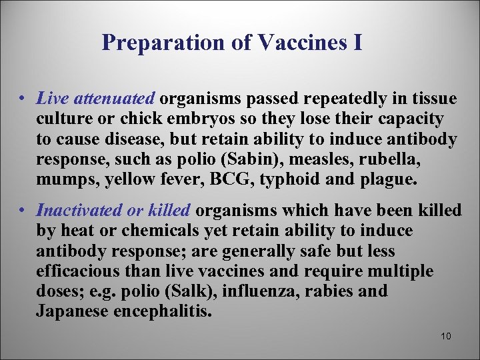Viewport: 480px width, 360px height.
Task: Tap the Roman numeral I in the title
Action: click(x=358, y=43)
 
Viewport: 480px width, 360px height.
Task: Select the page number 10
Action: click(x=446, y=336)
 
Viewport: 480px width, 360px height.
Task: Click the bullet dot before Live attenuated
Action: click(x=23, y=99)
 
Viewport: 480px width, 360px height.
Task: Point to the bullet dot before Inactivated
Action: click(x=23, y=211)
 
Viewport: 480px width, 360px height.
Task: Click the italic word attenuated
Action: click(x=114, y=99)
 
